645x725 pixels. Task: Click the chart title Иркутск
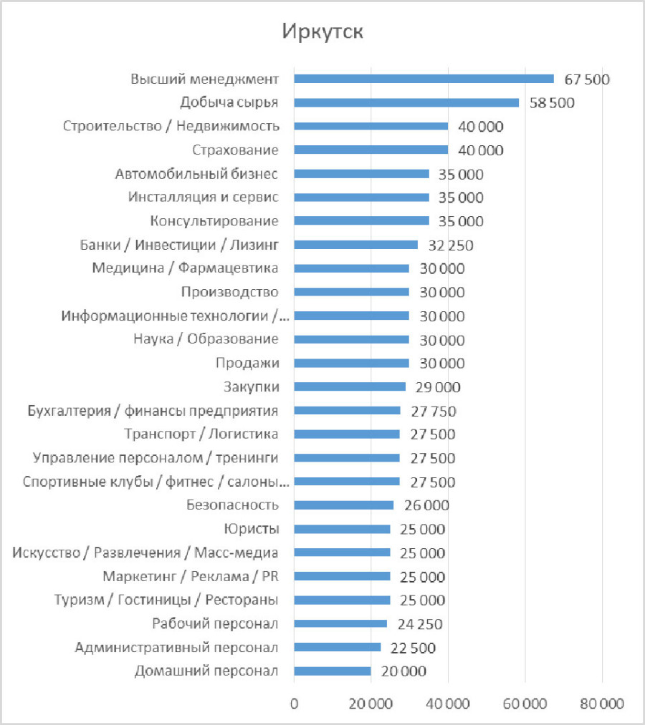tap(322, 32)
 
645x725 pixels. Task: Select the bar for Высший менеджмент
tap(424, 79)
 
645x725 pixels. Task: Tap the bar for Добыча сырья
tap(406, 102)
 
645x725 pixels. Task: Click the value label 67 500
tap(586, 79)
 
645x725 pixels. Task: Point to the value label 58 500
tap(552, 102)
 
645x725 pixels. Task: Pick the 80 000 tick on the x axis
tap(601, 704)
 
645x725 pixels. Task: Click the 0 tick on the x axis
tap(294, 704)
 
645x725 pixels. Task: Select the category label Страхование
tap(235, 150)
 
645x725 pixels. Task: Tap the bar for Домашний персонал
tap(333, 671)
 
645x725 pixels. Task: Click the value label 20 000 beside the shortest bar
tap(403, 671)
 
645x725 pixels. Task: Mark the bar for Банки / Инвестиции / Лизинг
tap(355, 245)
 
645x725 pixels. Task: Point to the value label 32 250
tap(451, 245)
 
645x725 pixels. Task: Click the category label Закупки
tap(251, 387)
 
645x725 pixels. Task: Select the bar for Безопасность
tap(343, 505)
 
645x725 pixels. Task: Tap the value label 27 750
tap(433, 411)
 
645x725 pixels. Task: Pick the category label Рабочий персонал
tap(215, 623)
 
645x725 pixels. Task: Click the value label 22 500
tap(412, 648)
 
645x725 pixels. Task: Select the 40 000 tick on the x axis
tap(448, 704)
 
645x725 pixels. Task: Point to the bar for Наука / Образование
tap(351, 339)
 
